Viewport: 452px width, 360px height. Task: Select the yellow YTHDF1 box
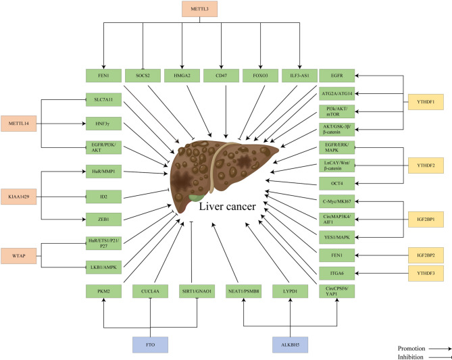[x=424, y=101]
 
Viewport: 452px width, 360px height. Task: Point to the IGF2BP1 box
[x=424, y=218]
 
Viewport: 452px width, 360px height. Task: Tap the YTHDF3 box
[x=424, y=274]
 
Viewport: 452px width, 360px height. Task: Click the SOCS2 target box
[x=143, y=76]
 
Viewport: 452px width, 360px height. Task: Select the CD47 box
[x=220, y=76]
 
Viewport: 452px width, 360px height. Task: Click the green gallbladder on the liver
[x=195, y=195]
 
